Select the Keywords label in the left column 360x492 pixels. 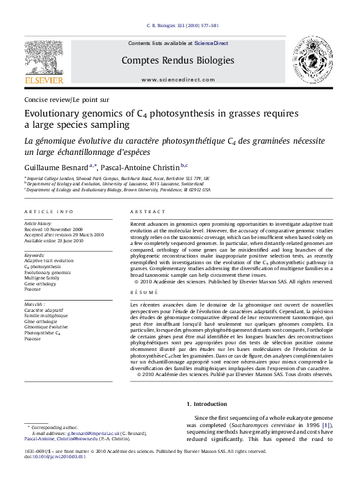(34, 254)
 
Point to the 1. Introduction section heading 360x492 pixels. (206, 403)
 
